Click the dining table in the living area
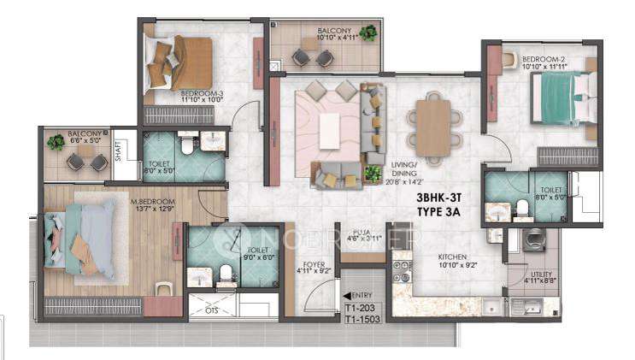click(434, 126)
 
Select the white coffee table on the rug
click(330, 130)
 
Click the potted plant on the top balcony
click(367, 33)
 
